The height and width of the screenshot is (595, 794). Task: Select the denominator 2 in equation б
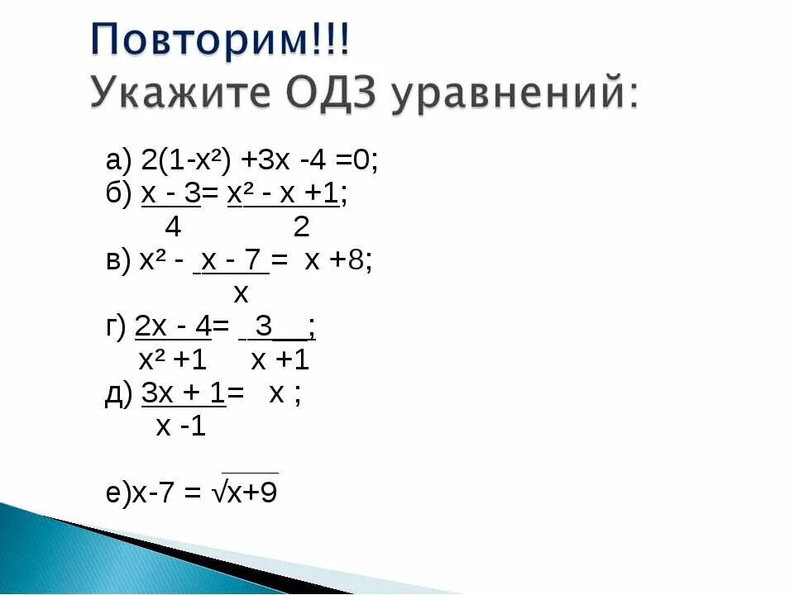click(301, 226)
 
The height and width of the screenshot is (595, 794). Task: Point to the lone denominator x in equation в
click(241, 293)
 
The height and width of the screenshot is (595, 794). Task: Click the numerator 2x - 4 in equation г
click(173, 327)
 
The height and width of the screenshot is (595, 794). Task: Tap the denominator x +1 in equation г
click(280, 360)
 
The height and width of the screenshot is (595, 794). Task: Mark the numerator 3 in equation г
click(264, 327)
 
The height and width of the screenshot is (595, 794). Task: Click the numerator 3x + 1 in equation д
click(184, 393)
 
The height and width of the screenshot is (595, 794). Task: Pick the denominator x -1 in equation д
click(181, 426)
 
